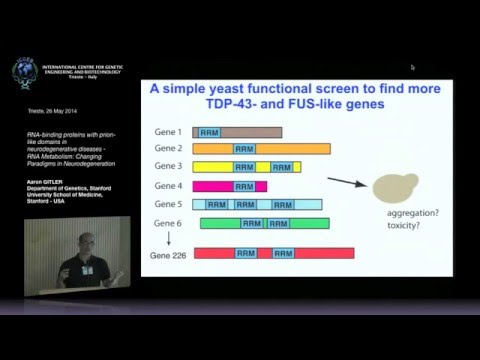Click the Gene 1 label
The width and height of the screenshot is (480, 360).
point(168,132)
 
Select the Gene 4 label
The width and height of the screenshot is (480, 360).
point(168,186)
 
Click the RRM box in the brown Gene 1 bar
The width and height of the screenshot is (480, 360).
point(210,132)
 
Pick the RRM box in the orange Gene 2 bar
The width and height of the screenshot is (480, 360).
point(245,149)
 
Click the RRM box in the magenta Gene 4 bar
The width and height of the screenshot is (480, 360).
point(245,186)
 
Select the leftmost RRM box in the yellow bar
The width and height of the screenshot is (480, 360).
point(245,167)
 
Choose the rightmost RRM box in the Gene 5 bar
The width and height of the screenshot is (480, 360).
point(283,204)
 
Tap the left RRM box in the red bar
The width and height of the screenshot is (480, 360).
point(246,254)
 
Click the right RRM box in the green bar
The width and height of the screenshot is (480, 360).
point(283,222)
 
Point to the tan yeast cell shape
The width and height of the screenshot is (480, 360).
point(391,187)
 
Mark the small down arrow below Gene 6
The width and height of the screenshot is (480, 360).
point(168,239)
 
